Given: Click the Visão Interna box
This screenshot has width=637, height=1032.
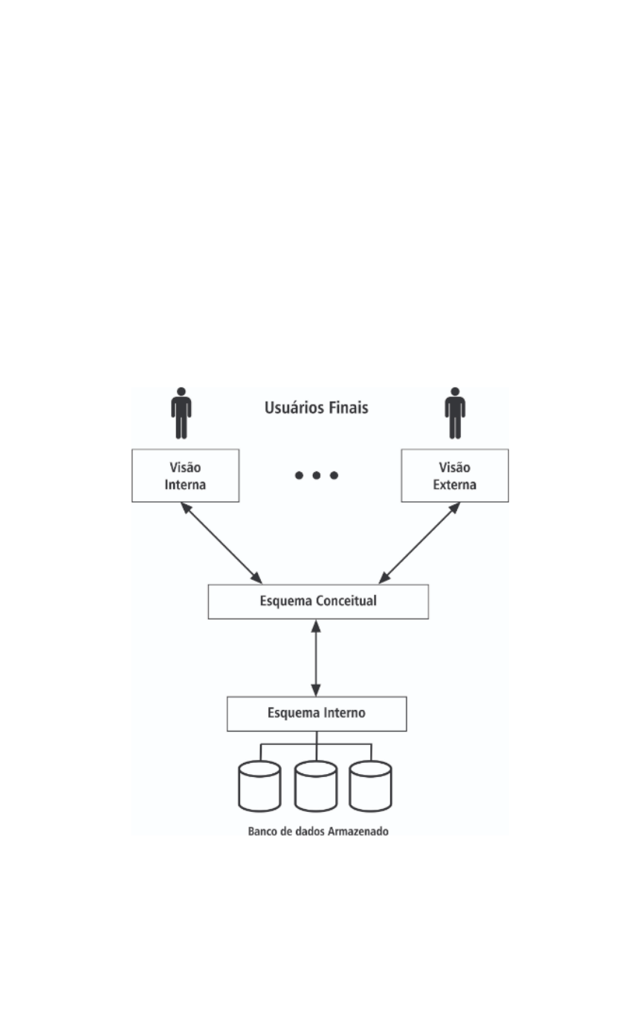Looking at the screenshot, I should tap(185, 476).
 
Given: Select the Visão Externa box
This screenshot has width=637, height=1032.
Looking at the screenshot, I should tap(455, 476).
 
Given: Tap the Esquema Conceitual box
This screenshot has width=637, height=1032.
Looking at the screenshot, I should tap(318, 602).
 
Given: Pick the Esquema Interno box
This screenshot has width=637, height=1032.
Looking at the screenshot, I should tap(317, 714).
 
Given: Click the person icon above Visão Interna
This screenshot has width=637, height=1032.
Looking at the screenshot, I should tap(181, 413).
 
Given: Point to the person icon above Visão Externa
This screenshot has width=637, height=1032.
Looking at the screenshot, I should tap(455, 413).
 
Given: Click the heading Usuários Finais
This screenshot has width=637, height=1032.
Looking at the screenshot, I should tap(317, 408).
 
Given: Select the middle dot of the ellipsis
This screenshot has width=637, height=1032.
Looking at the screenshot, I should tap(317, 475).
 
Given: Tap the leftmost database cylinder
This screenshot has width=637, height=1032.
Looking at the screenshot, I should tap(259, 786).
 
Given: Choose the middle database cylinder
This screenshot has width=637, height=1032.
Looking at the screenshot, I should tap(316, 786).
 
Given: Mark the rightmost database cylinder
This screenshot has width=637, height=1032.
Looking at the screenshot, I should tap(371, 786).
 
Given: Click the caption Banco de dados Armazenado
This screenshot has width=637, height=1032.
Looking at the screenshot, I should tap(318, 831).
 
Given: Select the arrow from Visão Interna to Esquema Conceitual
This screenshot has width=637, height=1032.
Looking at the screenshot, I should tap(222, 543).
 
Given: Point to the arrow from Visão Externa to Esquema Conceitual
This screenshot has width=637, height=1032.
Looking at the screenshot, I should tap(419, 543).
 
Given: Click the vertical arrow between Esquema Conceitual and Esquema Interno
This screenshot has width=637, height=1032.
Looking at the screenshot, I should tap(316, 658).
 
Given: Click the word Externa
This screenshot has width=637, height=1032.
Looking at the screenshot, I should tap(455, 485).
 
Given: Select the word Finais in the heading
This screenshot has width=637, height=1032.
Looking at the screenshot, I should tap(349, 408).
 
